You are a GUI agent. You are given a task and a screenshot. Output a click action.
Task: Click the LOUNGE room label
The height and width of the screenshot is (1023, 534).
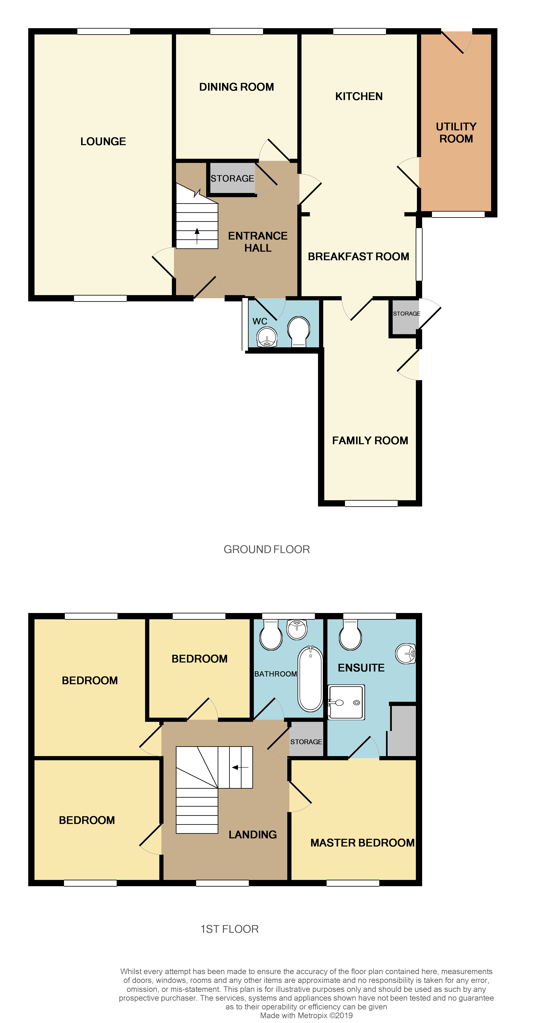(103, 141)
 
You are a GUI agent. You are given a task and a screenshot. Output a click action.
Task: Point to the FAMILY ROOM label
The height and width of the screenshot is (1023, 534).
(370, 440)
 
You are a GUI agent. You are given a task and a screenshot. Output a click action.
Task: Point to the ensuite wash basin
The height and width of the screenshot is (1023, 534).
(406, 653)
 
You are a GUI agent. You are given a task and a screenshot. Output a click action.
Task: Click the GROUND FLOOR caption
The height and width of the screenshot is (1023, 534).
(266, 549)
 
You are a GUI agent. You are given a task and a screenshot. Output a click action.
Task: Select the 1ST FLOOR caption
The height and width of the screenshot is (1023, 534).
(229, 929)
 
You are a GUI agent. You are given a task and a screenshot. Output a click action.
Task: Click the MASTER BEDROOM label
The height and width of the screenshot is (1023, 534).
(362, 843)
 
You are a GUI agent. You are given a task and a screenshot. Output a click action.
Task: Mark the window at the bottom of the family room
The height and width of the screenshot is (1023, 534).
(371, 503)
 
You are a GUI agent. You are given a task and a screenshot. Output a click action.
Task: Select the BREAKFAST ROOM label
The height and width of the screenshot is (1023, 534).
(358, 256)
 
